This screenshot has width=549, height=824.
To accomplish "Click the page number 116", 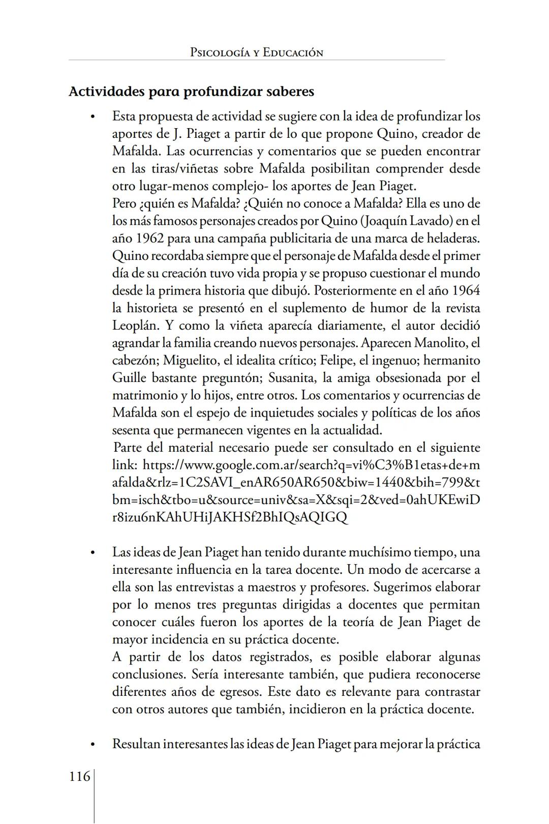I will click(x=79, y=776).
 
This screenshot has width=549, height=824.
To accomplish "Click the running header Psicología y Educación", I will click(x=256, y=52).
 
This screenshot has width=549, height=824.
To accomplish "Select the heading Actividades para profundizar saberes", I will click(x=191, y=92).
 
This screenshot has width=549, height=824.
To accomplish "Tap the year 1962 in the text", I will click(x=148, y=239).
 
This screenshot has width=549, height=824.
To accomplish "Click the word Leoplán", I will click(x=136, y=326).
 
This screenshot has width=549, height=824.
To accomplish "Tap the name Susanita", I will click(x=293, y=378).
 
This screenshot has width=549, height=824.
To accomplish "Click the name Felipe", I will click(x=337, y=360).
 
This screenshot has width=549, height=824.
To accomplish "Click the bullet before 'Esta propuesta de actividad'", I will click(x=92, y=117).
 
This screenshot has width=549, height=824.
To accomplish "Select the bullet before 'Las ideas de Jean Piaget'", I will click(x=92, y=553).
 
